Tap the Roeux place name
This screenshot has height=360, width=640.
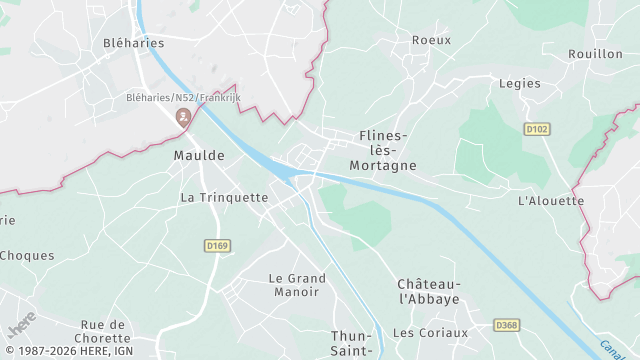coord(431,40)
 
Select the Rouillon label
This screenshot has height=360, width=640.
coord(595,54)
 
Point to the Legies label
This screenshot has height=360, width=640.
coord(519,84)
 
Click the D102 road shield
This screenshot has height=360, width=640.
coord(538,129)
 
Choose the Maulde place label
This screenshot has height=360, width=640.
coord(199,156)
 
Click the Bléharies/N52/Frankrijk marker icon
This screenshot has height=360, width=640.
coord(183,118)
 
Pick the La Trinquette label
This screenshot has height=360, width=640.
coord(224,198)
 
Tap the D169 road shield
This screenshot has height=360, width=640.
coord(217,245)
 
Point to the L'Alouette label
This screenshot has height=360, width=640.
coord(551,200)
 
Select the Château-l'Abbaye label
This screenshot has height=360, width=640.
coord(428,292)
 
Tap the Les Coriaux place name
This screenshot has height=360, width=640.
coord(430,333)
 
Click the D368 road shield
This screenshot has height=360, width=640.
coord(507,326)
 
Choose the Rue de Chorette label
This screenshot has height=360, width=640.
coord(105,331)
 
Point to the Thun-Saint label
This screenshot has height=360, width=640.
coord(352,343)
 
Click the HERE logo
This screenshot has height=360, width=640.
coord(21,327)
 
